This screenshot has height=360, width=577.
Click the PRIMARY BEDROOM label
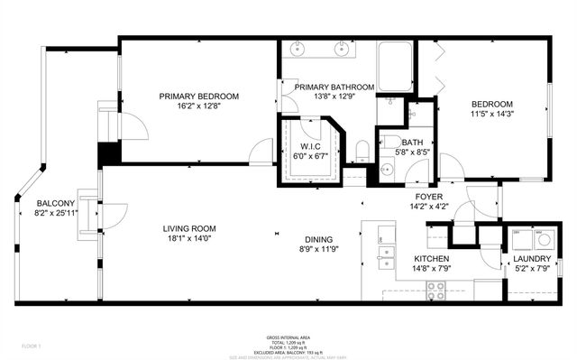click(198, 97)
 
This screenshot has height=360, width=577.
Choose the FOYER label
click(428, 196)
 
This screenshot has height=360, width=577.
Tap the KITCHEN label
click(431, 257)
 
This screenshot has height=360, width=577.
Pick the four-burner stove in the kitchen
click(435, 291)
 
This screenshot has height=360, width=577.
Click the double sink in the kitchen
click(386, 263)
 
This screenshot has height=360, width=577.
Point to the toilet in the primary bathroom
click(362, 150)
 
